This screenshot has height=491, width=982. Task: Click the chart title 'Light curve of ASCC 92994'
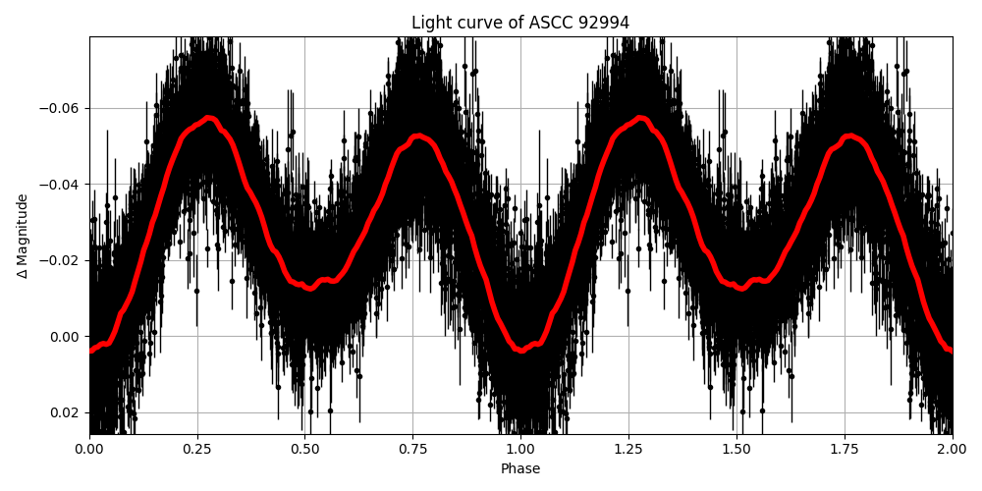(x=520, y=23)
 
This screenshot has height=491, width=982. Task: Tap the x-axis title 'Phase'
(x=520, y=469)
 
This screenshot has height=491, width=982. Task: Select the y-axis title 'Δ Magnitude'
(x=22, y=236)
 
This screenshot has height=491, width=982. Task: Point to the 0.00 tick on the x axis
(x=89, y=451)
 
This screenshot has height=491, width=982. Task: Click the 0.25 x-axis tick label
(x=197, y=451)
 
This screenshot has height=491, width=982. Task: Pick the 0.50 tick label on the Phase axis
(x=305, y=451)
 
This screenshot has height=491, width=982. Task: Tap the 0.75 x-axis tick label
(x=412, y=451)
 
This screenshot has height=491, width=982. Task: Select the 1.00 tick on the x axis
(x=520, y=451)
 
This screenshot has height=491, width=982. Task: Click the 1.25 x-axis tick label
(x=628, y=451)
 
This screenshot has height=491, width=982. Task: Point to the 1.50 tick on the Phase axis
(x=736, y=451)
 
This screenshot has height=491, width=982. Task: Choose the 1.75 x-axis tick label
(x=845, y=451)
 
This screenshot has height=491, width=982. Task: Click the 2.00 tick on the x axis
(x=952, y=451)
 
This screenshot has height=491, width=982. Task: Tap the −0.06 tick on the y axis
(x=63, y=108)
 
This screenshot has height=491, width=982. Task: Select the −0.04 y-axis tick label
(x=63, y=185)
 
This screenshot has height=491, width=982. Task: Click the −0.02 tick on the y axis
(x=63, y=260)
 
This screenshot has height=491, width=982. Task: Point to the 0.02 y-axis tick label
(x=68, y=412)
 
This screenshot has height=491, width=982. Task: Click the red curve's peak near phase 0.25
(x=208, y=119)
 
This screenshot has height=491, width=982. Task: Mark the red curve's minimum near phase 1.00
(x=520, y=349)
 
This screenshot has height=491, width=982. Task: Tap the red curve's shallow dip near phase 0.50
(x=310, y=288)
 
